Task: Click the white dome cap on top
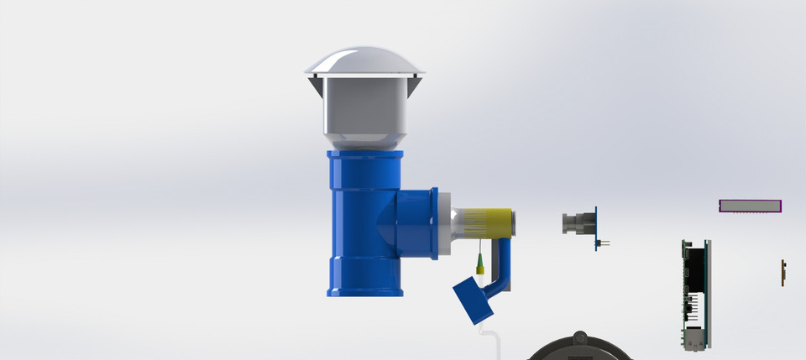[365, 62]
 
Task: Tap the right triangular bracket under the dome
[415, 85]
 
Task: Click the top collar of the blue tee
[365, 159]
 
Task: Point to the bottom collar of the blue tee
[365, 290]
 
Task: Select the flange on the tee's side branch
[434, 223]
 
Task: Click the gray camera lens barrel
[577, 224]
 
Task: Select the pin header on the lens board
[603, 244]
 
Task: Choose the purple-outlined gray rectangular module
[750, 206]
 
